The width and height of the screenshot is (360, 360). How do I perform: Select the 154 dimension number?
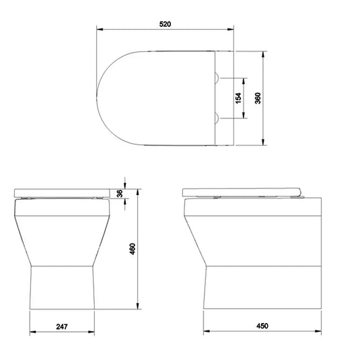tap(238, 98)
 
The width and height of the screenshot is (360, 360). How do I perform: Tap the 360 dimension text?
tap(257, 98)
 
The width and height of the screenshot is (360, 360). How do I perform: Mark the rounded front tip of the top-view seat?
tap(98, 98)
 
